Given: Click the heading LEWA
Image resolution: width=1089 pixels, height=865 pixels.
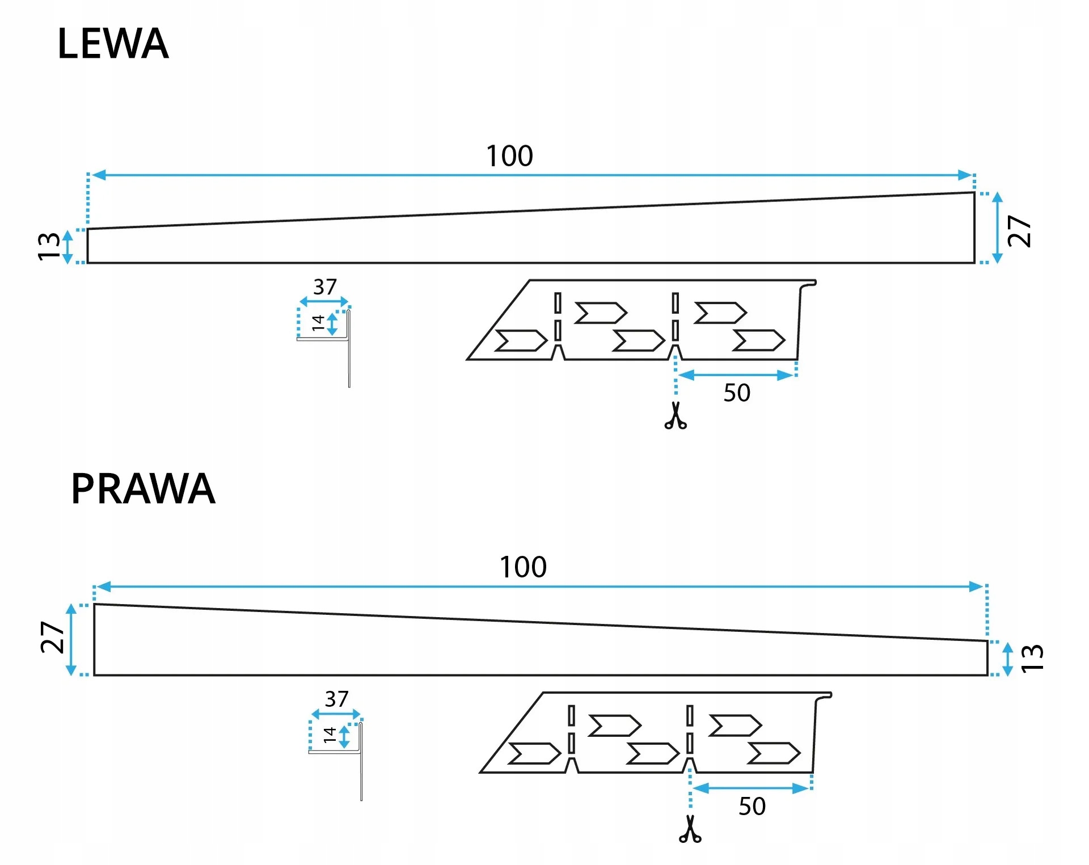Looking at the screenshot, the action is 113,44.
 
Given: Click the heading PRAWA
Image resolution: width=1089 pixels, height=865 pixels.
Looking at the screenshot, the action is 143,488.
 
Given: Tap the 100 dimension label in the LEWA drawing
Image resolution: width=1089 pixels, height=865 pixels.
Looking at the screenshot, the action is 509,156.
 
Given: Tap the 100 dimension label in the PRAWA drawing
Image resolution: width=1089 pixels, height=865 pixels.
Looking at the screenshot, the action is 523,567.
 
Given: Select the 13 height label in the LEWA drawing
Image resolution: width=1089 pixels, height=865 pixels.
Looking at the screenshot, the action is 49,246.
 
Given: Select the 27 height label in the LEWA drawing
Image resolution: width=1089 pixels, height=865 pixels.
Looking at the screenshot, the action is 1019,231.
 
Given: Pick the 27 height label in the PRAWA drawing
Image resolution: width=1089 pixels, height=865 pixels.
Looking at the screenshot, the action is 52,638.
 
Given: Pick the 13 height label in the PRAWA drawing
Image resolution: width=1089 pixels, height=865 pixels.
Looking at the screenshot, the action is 1032,659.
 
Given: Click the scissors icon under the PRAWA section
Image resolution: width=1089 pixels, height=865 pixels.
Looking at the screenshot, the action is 690,829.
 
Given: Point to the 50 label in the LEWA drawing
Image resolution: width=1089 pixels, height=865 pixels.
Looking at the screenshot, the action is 737,393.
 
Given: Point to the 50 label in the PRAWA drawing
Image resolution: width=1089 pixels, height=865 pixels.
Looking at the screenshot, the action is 752,807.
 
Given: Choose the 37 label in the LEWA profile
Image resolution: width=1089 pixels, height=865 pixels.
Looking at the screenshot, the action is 325,287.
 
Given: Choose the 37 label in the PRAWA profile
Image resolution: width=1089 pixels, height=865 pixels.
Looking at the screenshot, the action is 336,699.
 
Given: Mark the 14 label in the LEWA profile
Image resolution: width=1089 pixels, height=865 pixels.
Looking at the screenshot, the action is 318,323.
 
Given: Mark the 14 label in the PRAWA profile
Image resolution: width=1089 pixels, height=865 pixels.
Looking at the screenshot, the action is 330,735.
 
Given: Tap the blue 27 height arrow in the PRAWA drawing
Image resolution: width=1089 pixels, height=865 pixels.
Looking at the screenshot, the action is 71,640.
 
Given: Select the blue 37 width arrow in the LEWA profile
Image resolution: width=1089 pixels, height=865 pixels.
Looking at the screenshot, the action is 324,302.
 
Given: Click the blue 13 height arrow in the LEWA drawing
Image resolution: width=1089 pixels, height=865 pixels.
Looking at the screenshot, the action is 67,247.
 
